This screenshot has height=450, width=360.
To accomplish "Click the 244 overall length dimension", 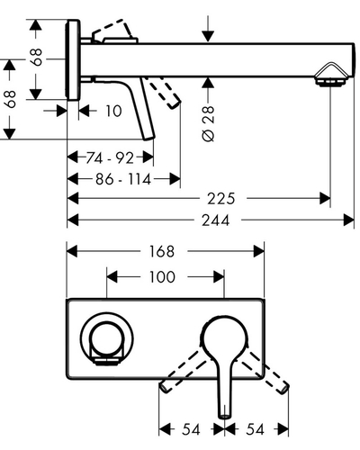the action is [x=215, y=220].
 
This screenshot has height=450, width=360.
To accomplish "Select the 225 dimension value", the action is [x=221, y=199].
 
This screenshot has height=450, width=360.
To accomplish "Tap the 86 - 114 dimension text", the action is [x=123, y=179].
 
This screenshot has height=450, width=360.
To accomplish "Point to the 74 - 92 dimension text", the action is [x=110, y=157].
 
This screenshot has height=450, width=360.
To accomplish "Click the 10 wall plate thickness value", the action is [x=113, y=111].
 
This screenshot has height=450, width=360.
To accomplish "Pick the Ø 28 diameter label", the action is [x=209, y=123].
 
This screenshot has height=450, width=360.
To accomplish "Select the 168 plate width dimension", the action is [x=162, y=251].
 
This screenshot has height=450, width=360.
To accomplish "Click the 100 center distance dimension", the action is [x=162, y=277].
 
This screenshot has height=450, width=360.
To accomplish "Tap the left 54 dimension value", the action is [x=191, y=429].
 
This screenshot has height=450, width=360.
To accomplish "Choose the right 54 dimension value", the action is [x=255, y=429].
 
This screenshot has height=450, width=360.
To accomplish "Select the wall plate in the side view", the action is [x=73, y=59].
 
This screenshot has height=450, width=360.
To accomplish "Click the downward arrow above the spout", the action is [x=208, y=28].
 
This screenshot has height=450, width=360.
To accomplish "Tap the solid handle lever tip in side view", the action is [x=148, y=138].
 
